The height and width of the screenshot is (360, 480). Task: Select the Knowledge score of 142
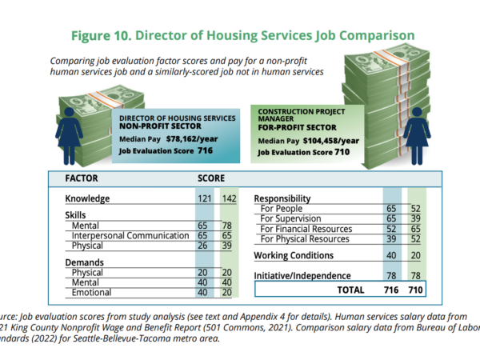[230, 198]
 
